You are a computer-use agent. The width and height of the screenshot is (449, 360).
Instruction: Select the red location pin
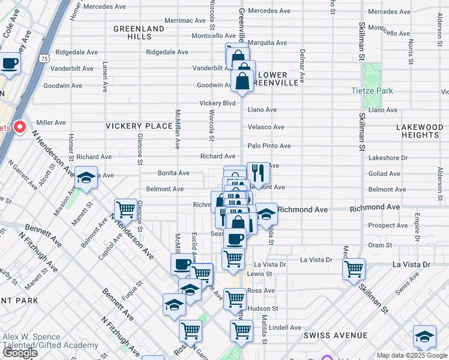coord(19,127)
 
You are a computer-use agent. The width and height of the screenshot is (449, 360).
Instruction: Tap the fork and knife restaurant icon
coord(258,172)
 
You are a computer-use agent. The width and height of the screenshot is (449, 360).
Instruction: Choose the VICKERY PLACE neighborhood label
coord(139,126)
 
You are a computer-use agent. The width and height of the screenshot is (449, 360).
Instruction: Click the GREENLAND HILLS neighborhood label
coord(139,32)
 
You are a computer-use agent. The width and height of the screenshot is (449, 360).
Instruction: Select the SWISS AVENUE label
coord(335,335)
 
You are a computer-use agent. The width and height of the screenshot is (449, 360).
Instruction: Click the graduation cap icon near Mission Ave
coord(86,178)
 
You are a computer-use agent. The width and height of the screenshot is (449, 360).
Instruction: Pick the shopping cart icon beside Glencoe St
coord(125,209)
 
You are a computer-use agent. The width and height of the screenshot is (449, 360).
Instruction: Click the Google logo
coord(20,353)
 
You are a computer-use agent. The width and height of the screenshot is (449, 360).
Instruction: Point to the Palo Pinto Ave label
coord(269,146)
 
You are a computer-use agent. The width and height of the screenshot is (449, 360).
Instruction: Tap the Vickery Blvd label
coord(217,103)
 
